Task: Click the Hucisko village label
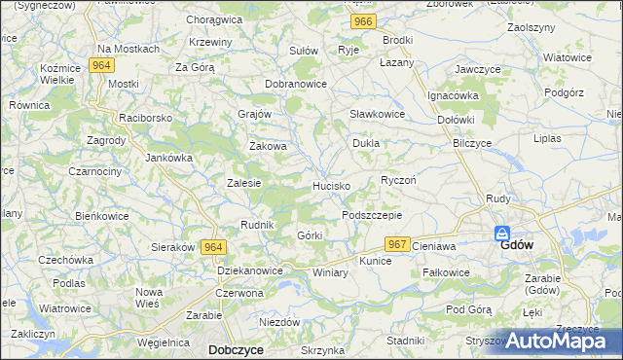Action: tap(331, 185)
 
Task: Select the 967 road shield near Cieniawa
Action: tap(396, 244)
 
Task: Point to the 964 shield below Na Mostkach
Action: tap(99, 65)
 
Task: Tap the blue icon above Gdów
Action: tap(502, 234)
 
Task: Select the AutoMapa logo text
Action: tap(566, 342)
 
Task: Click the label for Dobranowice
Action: tap(296, 85)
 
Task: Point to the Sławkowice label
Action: tap(377, 114)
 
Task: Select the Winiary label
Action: tap(330, 272)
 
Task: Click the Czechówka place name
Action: tap(65, 260)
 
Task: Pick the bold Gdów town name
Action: tap(516, 246)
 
